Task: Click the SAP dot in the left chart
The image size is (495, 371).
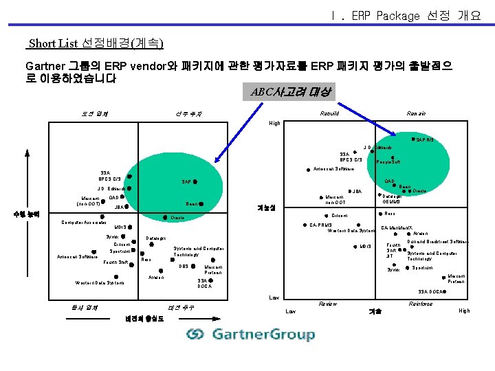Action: [x=195, y=181]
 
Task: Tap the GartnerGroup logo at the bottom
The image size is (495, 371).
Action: [x=250, y=335]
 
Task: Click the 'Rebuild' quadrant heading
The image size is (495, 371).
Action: [x=329, y=113]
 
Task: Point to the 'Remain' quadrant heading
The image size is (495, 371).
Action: [x=416, y=113]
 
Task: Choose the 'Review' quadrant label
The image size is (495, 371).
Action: [x=328, y=304]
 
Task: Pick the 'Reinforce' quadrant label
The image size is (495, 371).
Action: [x=420, y=304]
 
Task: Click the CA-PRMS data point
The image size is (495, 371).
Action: [x=305, y=225]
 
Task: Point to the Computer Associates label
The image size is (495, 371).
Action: [x=83, y=222]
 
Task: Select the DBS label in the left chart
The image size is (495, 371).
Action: [x=184, y=266]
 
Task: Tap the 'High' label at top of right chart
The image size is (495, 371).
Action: [x=274, y=124]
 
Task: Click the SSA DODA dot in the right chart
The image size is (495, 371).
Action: [x=445, y=292]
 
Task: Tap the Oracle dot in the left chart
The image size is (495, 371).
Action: [x=162, y=218]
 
